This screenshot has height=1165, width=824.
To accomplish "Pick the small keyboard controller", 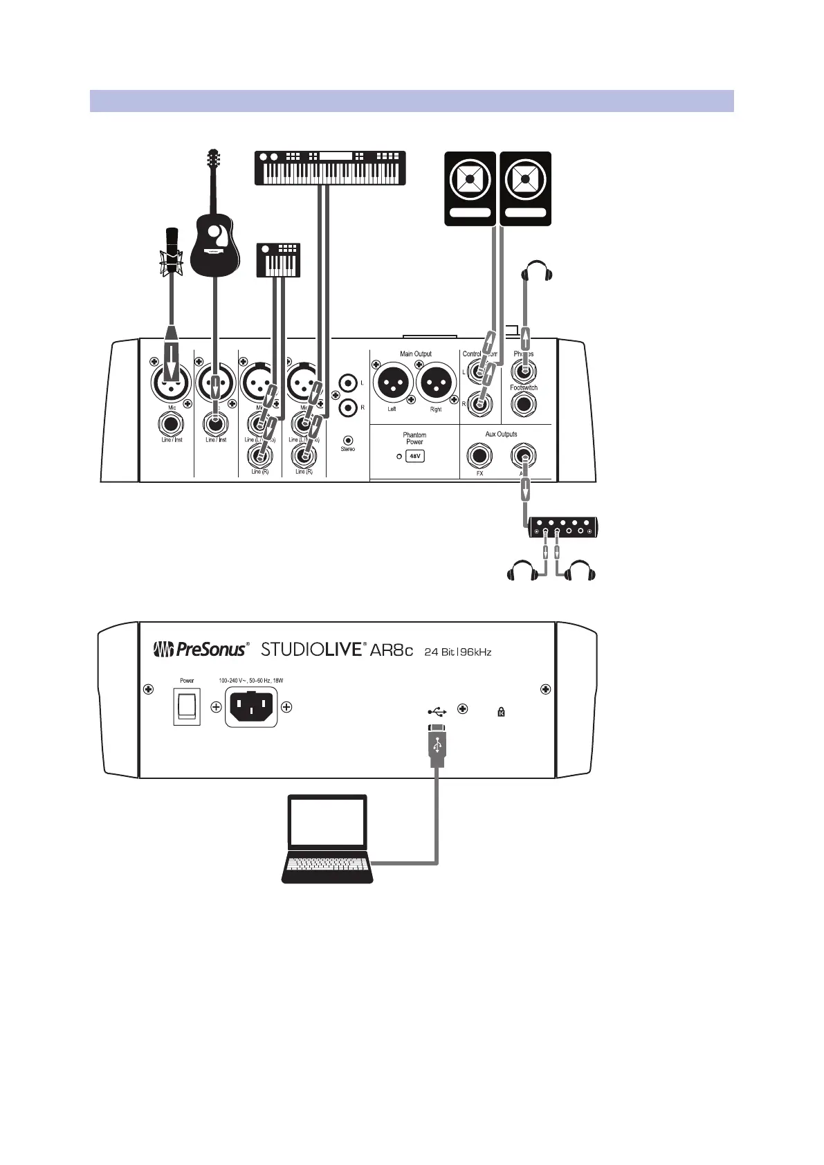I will [278, 260].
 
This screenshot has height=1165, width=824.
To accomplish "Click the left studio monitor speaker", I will [470, 188].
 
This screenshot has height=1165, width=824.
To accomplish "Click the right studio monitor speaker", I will [525, 188].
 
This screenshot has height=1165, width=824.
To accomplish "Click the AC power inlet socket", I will [251, 707].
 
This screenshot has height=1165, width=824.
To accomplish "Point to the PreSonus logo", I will [199, 650].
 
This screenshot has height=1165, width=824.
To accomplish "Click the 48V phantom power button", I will [414, 457].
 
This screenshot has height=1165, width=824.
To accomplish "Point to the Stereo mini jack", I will [348, 440].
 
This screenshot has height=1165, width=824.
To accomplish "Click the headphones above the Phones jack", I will [538, 270].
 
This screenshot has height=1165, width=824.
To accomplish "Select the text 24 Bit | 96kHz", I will [457, 652].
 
